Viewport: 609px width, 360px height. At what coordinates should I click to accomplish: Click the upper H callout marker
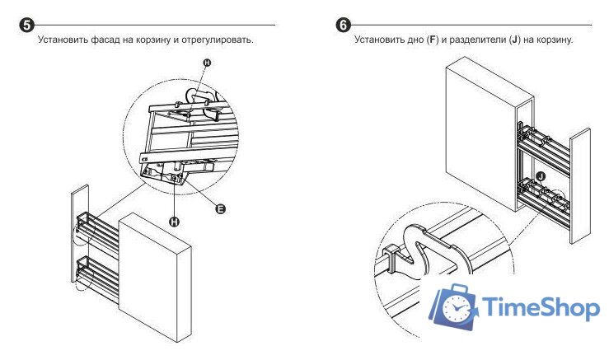point(207,63)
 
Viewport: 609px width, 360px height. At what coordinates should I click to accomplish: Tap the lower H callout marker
point(175,220)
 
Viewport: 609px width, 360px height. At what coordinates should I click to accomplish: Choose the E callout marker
point(220,209)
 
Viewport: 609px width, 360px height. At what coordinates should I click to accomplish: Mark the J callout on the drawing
point(541,175)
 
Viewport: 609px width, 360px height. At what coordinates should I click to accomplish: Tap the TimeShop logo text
point(539,310)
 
